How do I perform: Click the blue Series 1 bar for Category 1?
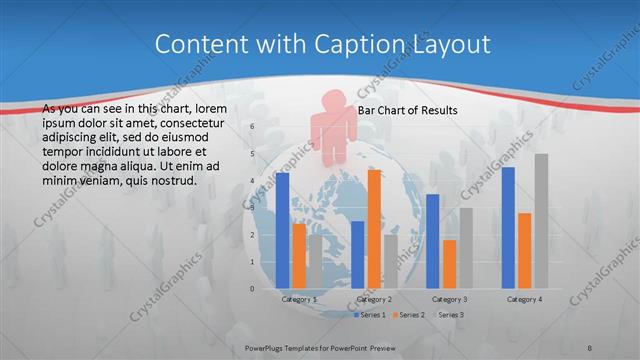click(282, 231)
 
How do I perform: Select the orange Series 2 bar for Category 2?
click(374, 229)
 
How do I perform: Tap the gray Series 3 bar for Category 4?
click(541, 221)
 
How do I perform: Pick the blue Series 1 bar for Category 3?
click(433, 241)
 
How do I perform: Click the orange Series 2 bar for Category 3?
click(449, 264)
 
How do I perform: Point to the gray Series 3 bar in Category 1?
click(315, 262)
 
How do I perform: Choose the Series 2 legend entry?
click(408, 315)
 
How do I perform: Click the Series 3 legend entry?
click(447, 315)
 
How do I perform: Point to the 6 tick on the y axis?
click(252, 127)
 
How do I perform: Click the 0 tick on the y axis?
click(252, 289)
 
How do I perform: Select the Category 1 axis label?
click(299, 299)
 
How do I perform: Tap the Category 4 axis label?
click(524, 299)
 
